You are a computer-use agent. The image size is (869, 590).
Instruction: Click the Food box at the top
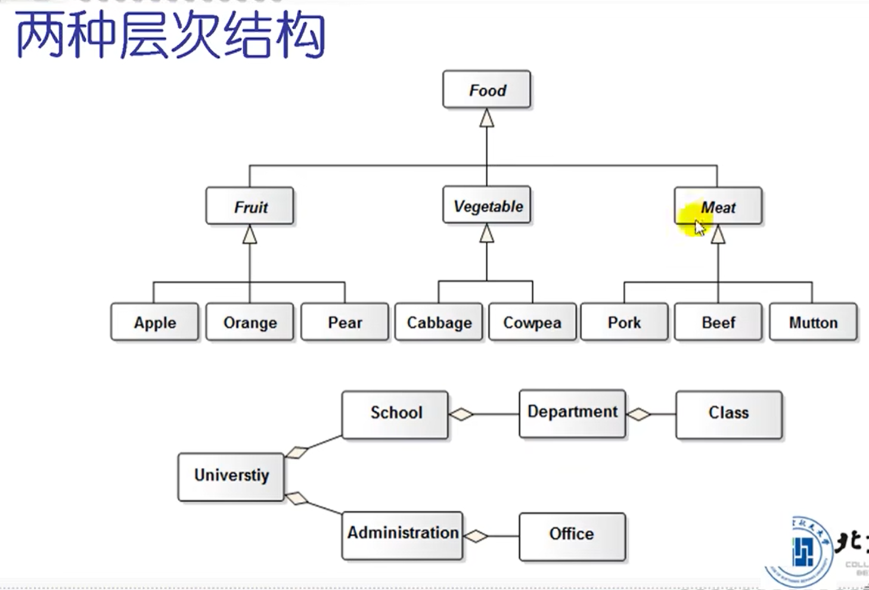pos(486,90)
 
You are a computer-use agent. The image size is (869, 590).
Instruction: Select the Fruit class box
pos(250,207)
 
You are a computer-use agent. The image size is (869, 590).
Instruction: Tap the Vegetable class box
pos(486,206)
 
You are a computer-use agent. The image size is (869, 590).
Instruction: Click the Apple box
pos(154,322)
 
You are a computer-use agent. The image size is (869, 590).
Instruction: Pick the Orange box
pos(250,322)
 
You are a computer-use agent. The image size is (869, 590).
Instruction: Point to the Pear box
pos(345,322)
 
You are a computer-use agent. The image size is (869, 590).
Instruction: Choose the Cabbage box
pos(439,322)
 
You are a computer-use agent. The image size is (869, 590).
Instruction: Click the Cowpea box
pos(532,322)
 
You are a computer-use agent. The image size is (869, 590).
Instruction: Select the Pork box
pos(624,322)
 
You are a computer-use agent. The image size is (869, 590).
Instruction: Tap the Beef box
pos(718,322)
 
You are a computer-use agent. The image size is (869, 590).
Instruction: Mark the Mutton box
pos(813,322)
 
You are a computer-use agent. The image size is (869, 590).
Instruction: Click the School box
pos(395,414)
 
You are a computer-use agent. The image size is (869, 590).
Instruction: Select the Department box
pos(572,414)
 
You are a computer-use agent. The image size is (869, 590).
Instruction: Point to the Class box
pos(728,414)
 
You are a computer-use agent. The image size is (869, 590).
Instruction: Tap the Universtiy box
pos(231,476)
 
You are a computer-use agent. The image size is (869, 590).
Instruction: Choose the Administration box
pos(402,535)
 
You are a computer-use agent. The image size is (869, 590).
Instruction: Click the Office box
pos(572,536)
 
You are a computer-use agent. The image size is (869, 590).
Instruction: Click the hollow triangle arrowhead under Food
pos(487,118)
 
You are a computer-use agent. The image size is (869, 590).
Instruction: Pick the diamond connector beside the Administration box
pos(476,536)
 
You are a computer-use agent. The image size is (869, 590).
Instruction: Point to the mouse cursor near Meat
pos(699,228)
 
